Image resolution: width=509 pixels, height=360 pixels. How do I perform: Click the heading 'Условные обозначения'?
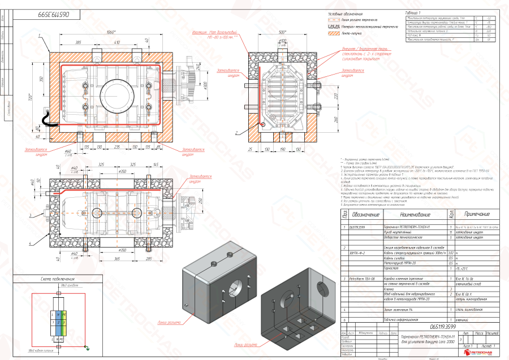[x=347, y=14]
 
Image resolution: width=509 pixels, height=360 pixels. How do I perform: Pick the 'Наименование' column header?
[x=403, y=214]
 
